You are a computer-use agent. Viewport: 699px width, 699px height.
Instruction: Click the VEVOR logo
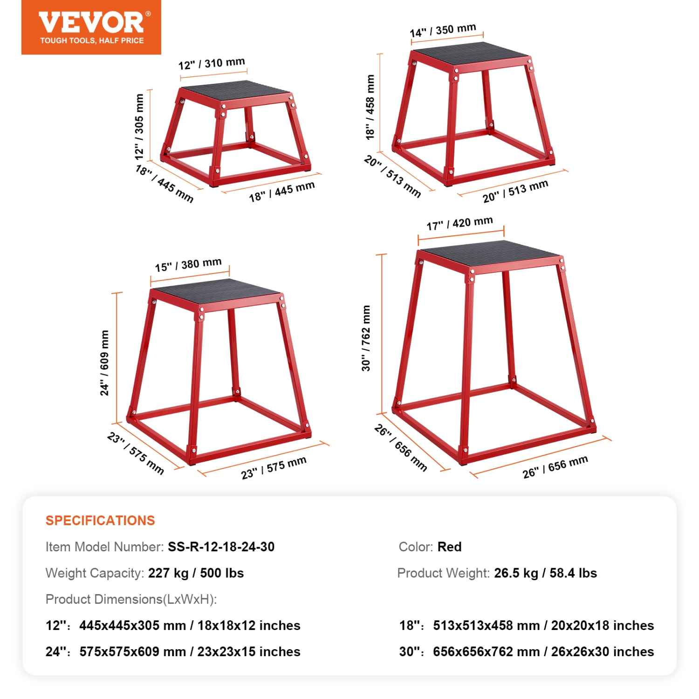pyautogui.click(x=91, y=23)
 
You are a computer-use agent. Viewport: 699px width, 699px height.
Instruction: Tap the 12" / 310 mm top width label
pyautogui.click(x=212, y=63)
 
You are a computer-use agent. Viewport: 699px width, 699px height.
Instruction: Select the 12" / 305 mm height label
pyautogui.click(x=139, y=126)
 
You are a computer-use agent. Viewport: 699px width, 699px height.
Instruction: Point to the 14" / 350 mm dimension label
pyautogui.click(x=443, y=30)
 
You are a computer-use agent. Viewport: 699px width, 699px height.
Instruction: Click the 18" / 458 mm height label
pyautogui.click(x=370, y=107)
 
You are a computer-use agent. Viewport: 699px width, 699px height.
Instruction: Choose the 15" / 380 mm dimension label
pyautogui.click(x=188, y=265)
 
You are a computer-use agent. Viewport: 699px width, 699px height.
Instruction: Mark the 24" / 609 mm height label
pyautogui.click(x=104, y=363)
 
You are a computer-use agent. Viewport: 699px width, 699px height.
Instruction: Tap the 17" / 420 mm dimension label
pyautogui.click(x=459, y=223)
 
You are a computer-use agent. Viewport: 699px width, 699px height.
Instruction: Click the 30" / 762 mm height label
pyautogui.click(x=366, y=338)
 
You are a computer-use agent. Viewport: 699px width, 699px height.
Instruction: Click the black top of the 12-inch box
pyautogui.click(x=235, y=90)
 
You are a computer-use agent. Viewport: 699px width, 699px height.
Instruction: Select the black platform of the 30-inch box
pyautogui.click(x=489, y=254)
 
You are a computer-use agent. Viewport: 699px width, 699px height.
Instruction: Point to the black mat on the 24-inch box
pyautogui.click(x=217, y=292)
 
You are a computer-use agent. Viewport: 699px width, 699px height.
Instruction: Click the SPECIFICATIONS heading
pyautogui.click(x=100, y=521)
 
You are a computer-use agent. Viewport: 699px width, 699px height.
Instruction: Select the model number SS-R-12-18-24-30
pyautogui.click(x=221, y=547)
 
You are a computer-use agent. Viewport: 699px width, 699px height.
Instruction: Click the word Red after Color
pyautogui.click(x=449, y=547)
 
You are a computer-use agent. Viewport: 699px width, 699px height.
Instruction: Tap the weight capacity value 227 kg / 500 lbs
pyautogui.click(x=196, y=573)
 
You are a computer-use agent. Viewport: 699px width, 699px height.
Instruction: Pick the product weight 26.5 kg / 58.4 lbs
pyautogui.click(x=545, y=573)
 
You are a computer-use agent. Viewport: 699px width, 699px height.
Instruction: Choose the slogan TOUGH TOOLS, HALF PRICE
pyautogui.click(x=92, y=41)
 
